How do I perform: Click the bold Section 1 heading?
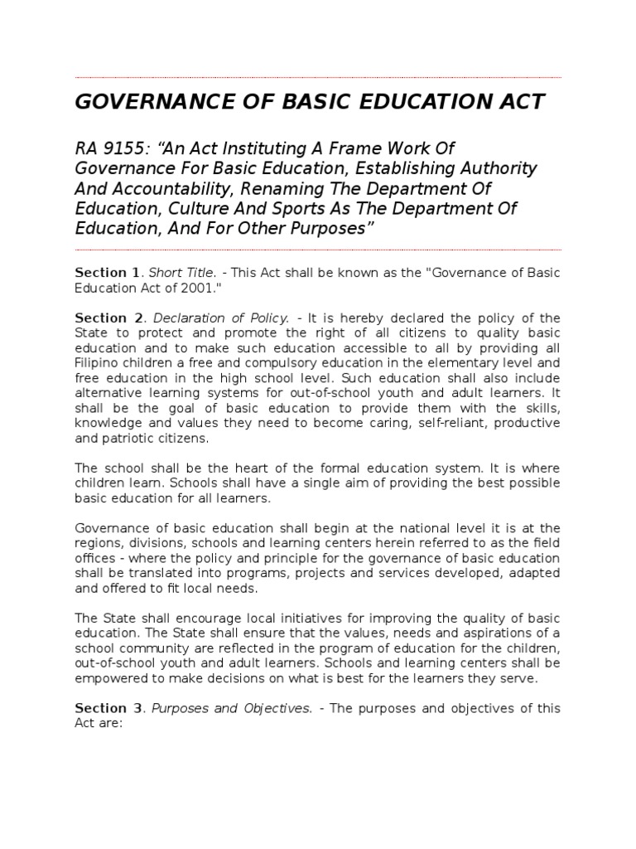[108, 272]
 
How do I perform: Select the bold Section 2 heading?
[108, 318]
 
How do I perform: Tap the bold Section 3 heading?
[108, 708]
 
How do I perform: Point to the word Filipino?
[98, 363]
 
